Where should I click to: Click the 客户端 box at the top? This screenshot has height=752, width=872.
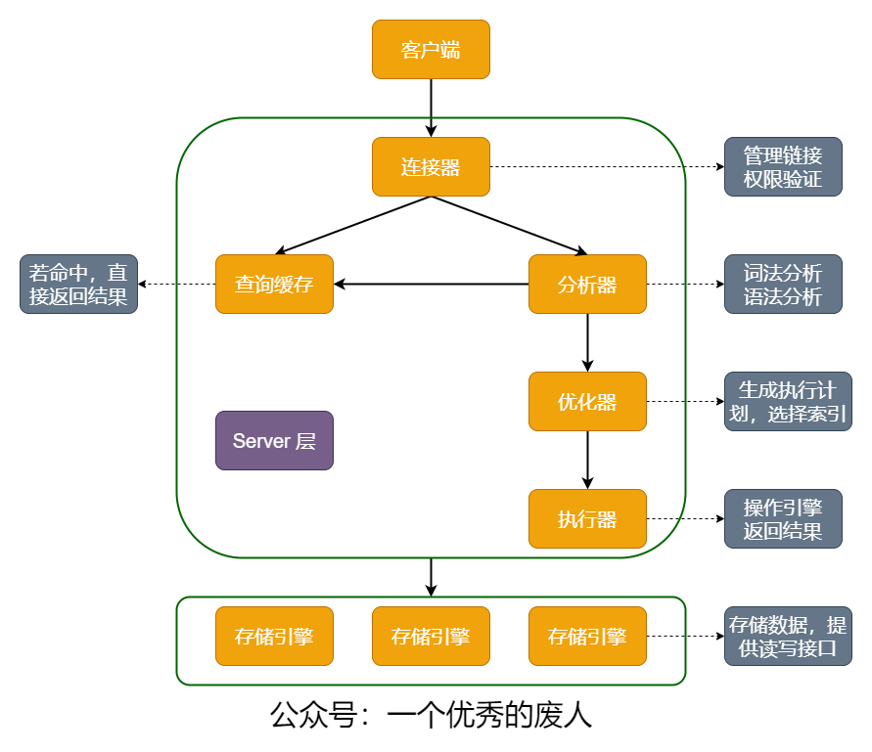(431, 50)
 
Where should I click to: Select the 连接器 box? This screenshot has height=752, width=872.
(431, 167)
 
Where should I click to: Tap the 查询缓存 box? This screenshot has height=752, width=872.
(274, 284)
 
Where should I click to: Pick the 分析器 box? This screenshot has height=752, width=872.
(587, 284)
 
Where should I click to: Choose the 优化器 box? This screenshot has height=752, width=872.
(587, 401)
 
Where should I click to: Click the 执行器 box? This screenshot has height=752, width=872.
(587, 518)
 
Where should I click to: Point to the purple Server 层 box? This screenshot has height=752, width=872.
(274, 441)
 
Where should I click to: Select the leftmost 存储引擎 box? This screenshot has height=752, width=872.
(274, 636)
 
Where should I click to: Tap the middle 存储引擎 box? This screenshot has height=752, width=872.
(431, 636)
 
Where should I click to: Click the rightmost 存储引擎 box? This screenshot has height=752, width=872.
(587, 636)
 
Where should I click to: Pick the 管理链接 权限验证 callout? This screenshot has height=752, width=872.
(783, 167)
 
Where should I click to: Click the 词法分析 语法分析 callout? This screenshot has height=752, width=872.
(783, 284)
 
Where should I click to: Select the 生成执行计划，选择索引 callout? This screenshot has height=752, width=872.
(788, 401)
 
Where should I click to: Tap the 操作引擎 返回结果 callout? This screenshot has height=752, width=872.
(783, 518)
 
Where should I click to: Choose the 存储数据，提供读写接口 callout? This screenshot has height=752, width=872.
(788, 636)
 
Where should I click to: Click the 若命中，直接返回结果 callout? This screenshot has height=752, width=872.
(78, 284)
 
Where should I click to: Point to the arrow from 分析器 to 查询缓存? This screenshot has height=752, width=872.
(431, 284)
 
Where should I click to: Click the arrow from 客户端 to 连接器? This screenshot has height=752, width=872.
(431, 108)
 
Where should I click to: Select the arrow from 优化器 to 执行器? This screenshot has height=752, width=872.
(587, 461)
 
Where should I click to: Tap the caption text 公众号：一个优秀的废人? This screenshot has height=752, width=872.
(431, 715)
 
